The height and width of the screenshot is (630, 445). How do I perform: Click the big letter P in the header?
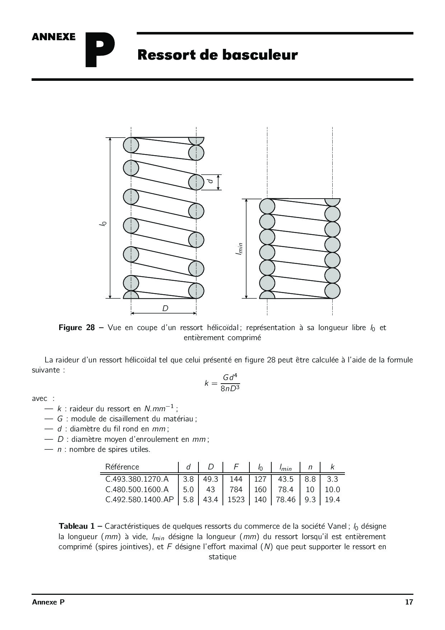point(100,50)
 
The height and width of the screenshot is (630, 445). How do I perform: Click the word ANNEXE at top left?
point(53,37)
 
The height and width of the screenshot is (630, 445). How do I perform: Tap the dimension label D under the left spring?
point(165,309)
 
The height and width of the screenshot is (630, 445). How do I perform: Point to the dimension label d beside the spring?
point(211,179)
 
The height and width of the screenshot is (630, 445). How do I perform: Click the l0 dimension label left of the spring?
point(103,223)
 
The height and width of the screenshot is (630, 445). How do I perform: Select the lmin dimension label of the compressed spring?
point(239,249)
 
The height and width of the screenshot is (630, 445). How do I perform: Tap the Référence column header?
point(122,467)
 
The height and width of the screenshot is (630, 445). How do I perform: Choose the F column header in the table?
point(236,467)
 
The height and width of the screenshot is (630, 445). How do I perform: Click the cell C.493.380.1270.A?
point(137,479)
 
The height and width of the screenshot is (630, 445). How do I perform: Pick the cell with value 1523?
point(236,499)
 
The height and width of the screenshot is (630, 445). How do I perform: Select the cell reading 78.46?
point(286,499)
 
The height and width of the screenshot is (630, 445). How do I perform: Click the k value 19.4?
point(332,499)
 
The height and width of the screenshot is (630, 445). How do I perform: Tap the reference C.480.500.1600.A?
point(137,489)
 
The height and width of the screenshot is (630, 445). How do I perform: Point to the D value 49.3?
point(211,479)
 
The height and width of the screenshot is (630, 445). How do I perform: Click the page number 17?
point(409,602)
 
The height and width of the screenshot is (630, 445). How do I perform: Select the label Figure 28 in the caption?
point(77,328)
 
